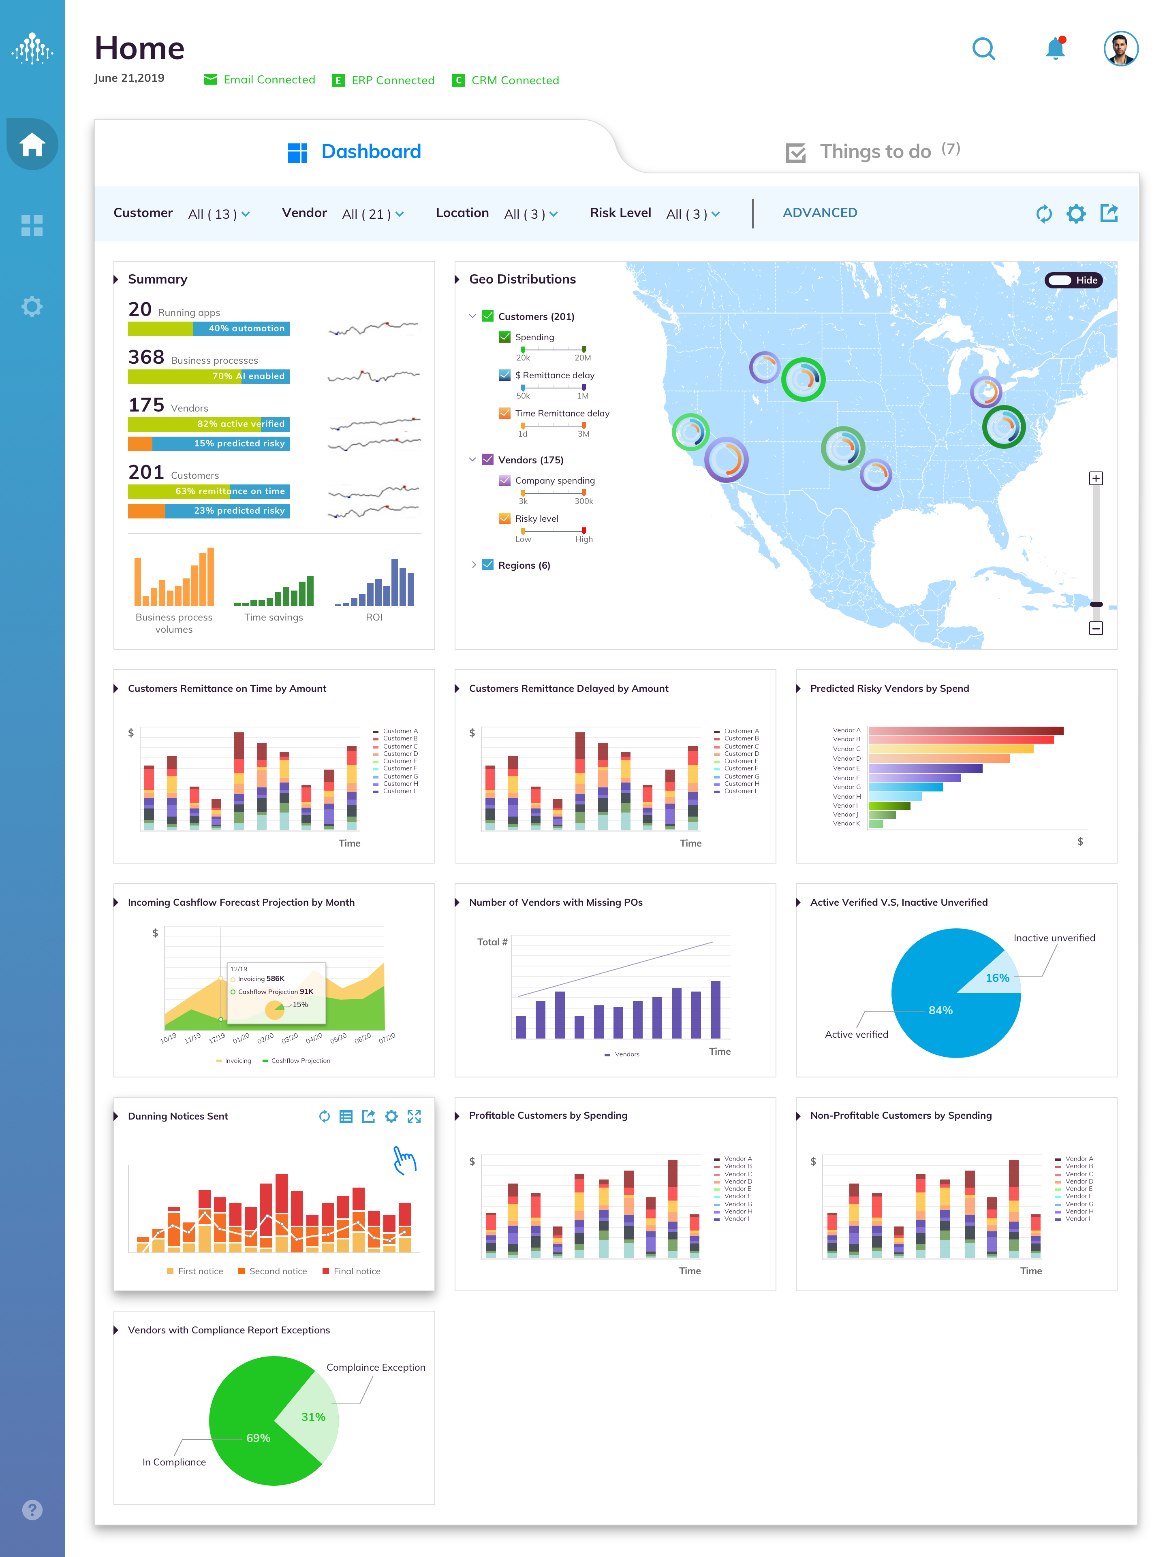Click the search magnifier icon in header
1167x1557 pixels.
point(983,49)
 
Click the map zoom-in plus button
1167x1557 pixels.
point(1095,479)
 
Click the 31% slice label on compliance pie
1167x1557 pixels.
point(313,1417)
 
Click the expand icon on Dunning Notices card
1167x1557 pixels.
point(414,1116)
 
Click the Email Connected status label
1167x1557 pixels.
point(268,79)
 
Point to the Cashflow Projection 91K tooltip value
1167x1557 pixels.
point(306,992)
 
